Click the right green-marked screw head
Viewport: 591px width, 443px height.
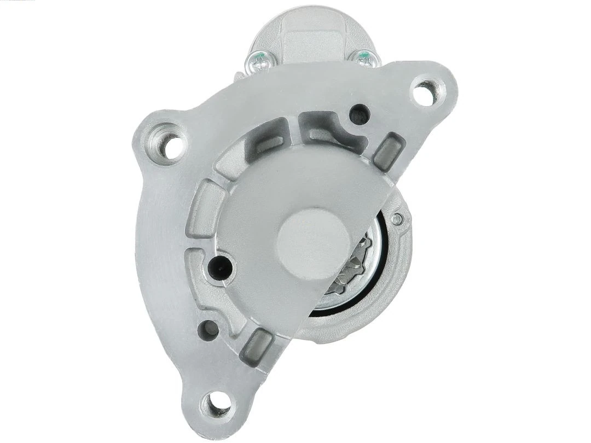(362, 57)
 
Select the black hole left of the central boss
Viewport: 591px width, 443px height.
(221, 266)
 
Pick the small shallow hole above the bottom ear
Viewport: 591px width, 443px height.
(208, 328)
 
